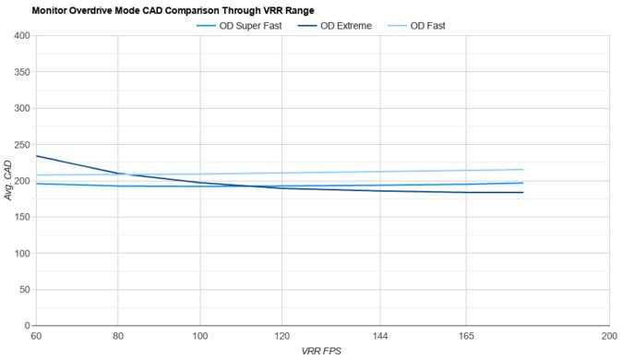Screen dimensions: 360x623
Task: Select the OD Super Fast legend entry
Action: coord(249,26)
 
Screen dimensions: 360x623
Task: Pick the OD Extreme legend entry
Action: coord(345,26)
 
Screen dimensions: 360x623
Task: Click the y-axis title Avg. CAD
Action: coord(8,182)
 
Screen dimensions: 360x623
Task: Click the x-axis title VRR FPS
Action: coord(321,352)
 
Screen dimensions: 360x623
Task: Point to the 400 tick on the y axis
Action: coord(20,36)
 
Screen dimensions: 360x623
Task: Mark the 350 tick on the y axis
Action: coord(20,72)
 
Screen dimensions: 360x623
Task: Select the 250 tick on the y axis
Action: coord(20,145)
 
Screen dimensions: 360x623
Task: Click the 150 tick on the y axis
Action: coord(20,217)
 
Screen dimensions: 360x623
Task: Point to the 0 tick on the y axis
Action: coord(26,326)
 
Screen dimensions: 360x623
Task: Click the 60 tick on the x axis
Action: coord(36,337)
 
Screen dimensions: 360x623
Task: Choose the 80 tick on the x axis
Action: coord(117,337)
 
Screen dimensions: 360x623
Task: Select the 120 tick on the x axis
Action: coord(282,337)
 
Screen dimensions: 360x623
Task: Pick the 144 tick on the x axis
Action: coord(381,337)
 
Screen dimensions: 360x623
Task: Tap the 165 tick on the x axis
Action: coord(467,337)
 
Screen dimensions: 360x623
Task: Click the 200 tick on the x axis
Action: coord(608,337)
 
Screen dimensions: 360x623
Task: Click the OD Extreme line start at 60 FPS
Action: coord(36,156)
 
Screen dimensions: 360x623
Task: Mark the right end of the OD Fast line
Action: coord(523,169)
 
